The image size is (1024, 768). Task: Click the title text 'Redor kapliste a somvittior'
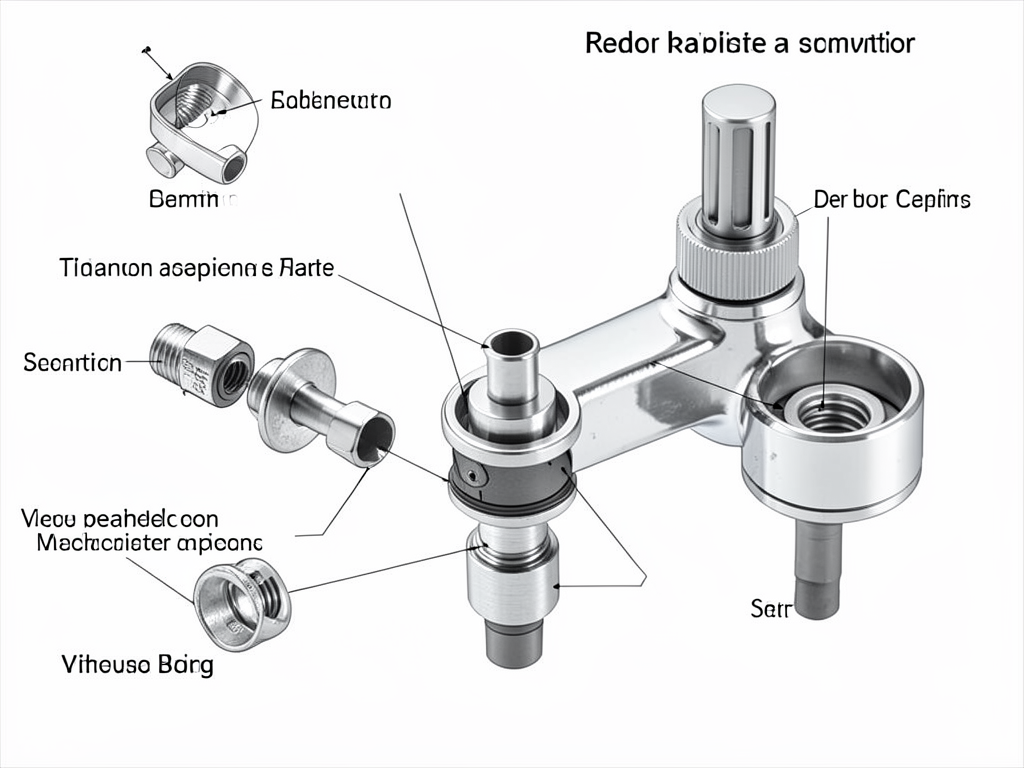click(749, 43)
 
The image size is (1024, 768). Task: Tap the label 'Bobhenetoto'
click(331, 101)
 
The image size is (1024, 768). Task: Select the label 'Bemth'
click(188, 199)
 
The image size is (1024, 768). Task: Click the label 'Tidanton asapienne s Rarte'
click(197, 268)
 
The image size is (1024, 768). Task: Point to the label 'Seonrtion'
click(71, 362)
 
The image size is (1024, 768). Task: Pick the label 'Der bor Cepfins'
click(891, 199)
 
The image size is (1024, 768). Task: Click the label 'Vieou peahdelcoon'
click(119, 518)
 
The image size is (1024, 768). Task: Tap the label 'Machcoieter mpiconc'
click(149, 543)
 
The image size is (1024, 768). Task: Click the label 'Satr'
click(770, 608)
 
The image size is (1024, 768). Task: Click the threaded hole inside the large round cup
click(828, 409)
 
